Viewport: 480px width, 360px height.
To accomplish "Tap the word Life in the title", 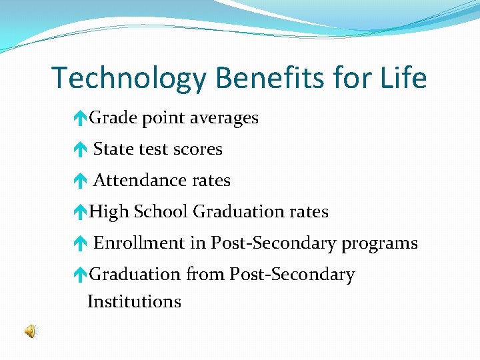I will tap(401, 79).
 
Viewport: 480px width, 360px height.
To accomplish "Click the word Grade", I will tap(111, 118).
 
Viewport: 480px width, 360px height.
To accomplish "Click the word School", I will tap(161, 212).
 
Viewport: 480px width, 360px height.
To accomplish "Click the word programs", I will tap(379, 244).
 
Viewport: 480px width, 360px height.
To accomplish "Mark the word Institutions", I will tap(134, 301).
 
